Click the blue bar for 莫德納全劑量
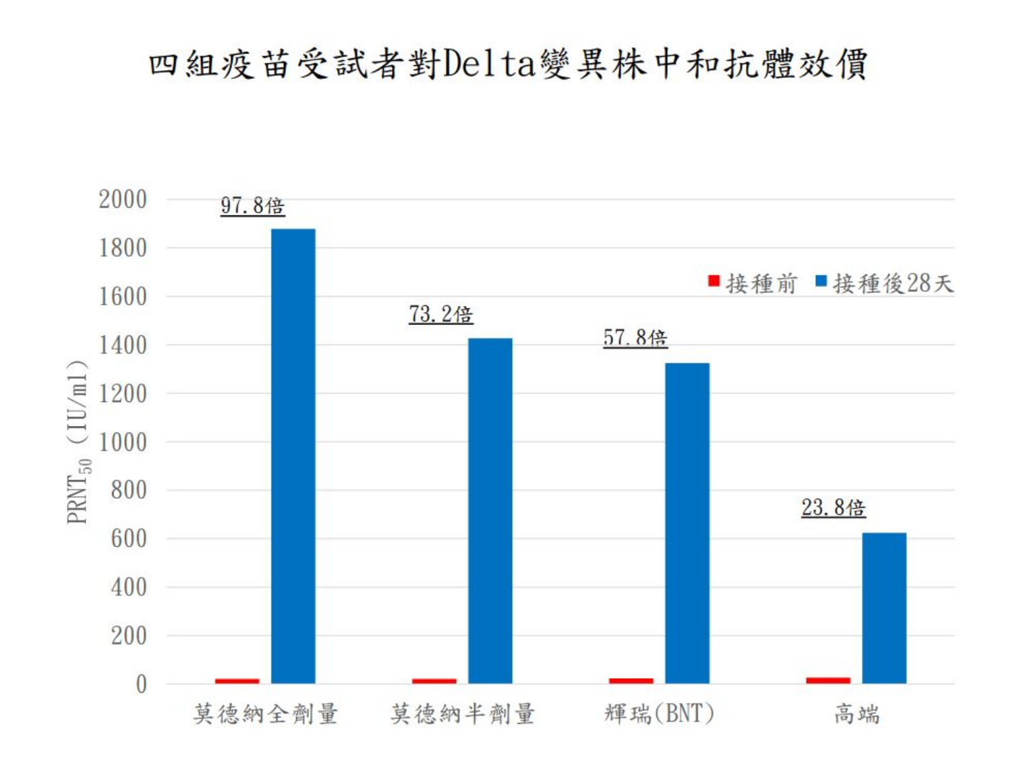tap(293, 456)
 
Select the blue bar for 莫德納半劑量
tap(490, 511)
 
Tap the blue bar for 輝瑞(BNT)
tap(687, 523)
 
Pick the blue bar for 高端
tap(884, 608)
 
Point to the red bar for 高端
tap(828, 680)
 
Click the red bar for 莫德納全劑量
tap(237, 681)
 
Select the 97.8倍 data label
tap(252, 206)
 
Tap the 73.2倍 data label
tap(440, 314)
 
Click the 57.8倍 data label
tap(635, 338)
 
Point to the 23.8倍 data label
tap(833, 507)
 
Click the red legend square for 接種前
tap(714, 281)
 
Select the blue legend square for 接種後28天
tap(821, 281)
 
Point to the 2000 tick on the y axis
tap(123, 199)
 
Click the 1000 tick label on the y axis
tap(123, 443)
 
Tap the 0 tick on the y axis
tap(141, 685)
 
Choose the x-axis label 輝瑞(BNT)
tap(659, 713)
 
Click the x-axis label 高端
tap(857, 713)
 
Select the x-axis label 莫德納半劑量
tap(463, 713)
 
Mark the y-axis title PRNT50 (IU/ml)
tap(78, 441)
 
